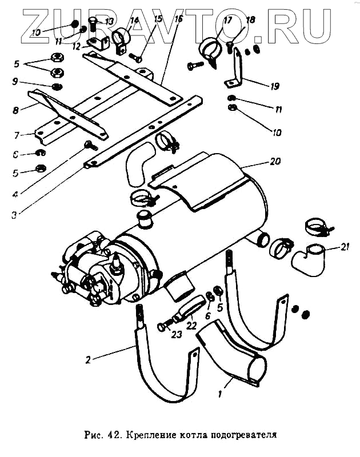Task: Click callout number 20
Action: pos(275,162)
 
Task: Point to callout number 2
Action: pos(89,360)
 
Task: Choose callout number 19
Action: pos(275,86)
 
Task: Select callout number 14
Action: pos(135,22)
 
